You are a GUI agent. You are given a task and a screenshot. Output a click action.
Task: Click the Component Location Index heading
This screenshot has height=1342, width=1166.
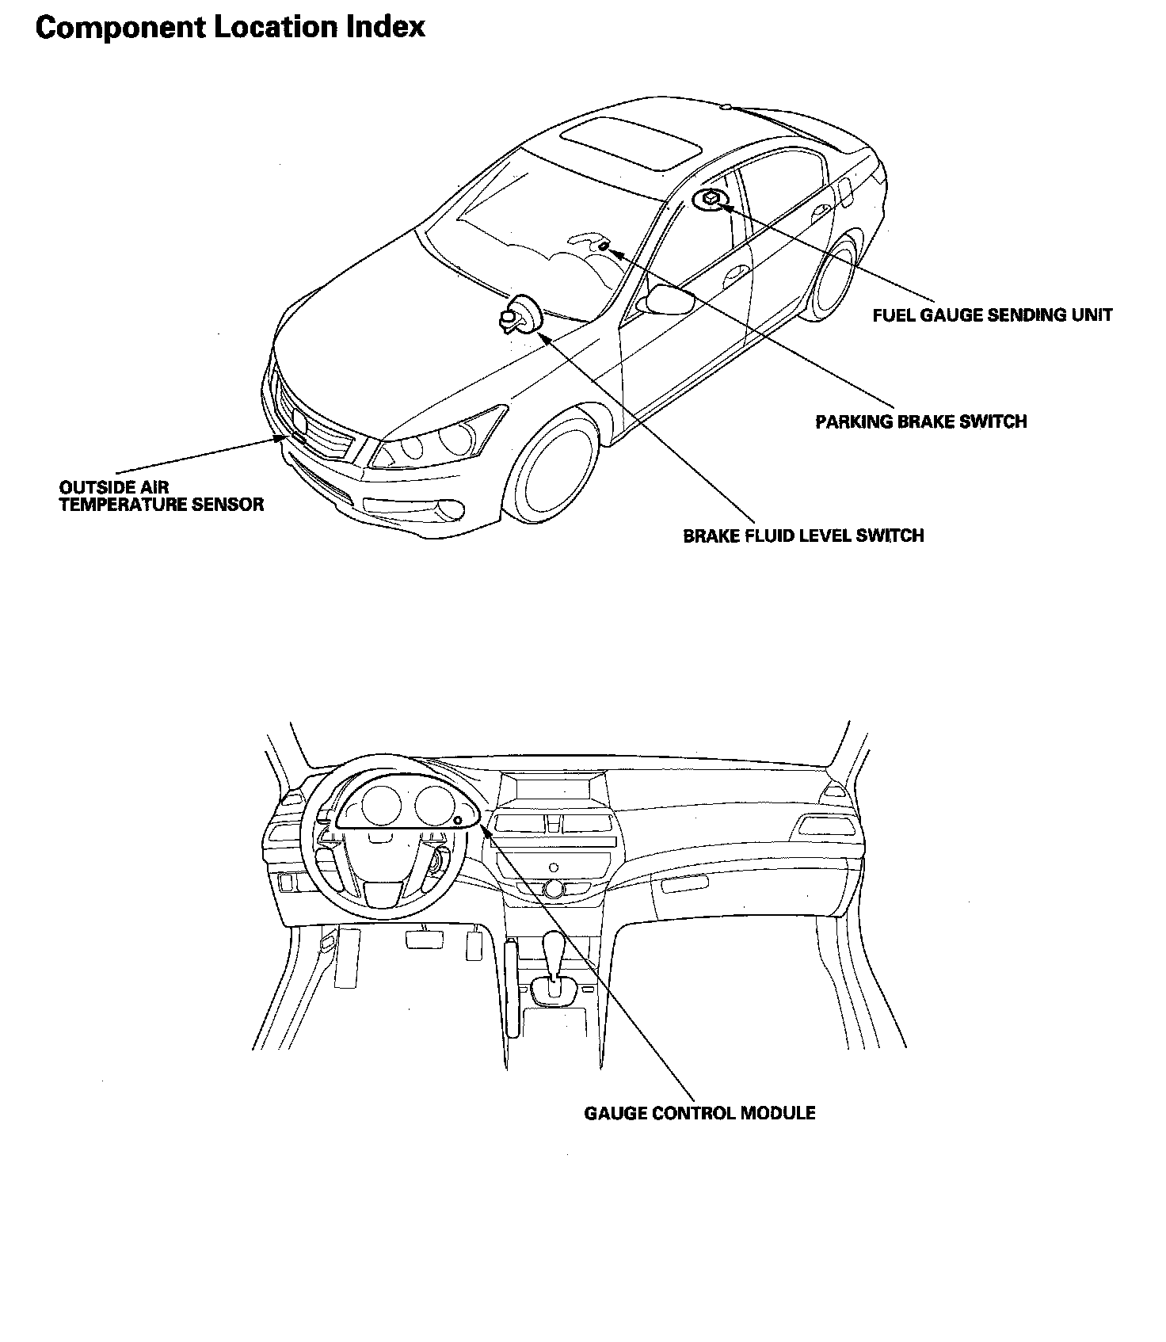tap(231, 28)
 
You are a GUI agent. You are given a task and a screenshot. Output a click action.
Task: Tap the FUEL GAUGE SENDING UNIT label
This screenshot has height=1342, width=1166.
tap(992, 315)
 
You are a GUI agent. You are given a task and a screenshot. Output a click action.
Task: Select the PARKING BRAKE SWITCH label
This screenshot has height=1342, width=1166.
tap(920, 421)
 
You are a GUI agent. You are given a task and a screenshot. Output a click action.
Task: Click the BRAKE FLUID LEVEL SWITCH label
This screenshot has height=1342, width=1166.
tap(803, 536)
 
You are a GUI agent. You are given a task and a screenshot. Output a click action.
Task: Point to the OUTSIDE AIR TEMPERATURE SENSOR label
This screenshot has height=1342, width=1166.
tap(161, 497)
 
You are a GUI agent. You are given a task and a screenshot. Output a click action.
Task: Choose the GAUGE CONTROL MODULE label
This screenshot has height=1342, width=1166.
tap(699, 1114)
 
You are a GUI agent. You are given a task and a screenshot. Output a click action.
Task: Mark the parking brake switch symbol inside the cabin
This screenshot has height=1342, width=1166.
tap(603, 246)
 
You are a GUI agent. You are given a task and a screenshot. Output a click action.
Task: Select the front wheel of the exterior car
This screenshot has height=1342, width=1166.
tap(554, 467)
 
